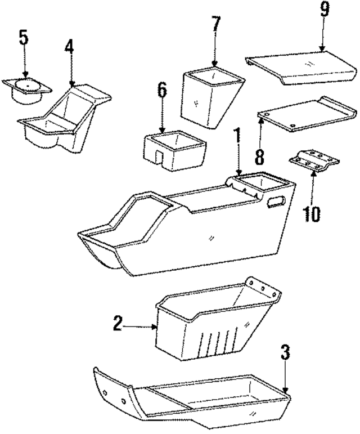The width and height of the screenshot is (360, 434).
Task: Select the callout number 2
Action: coord(118,324)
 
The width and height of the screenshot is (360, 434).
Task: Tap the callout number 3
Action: coord(286,353)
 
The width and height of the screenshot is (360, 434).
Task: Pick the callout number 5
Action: coord(22,38)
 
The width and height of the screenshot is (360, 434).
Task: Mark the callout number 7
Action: coord(216,24)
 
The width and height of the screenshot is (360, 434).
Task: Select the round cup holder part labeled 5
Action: coord(26,90)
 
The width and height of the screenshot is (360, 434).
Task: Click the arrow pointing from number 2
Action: coord(141,325)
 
